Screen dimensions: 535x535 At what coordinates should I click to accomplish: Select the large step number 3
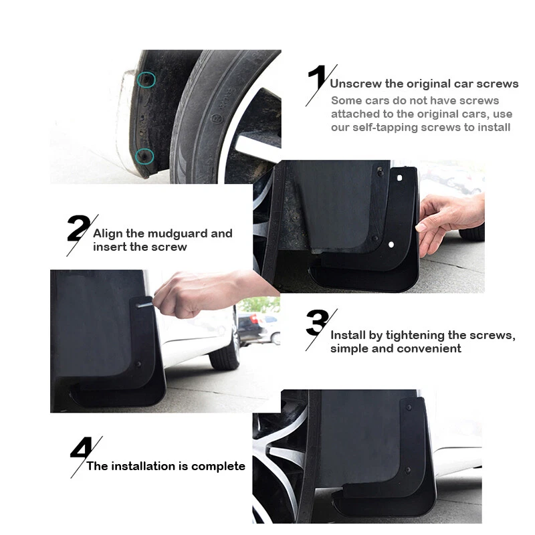coord(316,323)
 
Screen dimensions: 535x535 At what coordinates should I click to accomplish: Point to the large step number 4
coord(82,448)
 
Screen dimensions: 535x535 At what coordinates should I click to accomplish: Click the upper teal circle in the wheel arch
coord(146,80)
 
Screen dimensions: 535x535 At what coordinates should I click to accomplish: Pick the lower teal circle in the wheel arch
coord(144,156)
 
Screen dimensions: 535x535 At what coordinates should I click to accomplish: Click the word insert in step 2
coord(110,247)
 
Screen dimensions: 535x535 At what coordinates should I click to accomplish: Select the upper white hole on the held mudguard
coord(399,179)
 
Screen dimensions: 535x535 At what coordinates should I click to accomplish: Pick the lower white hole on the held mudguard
coord(391,245)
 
